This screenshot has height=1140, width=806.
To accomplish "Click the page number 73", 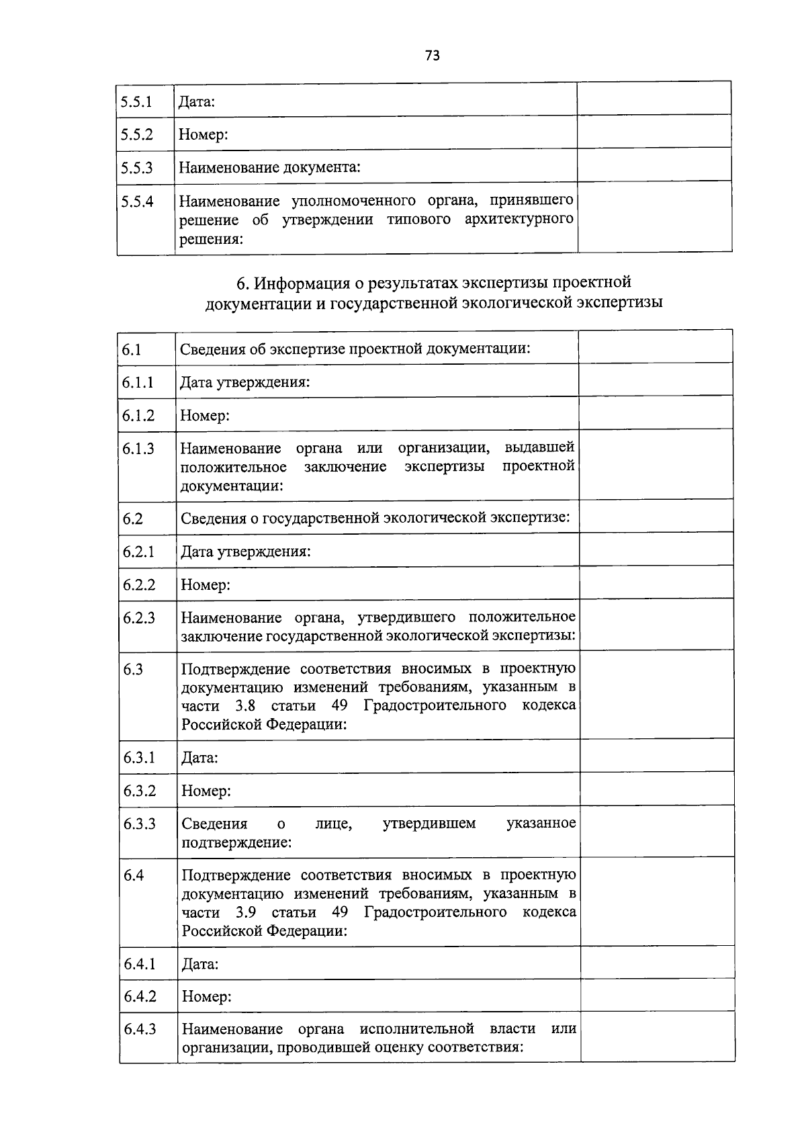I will click(432, 56).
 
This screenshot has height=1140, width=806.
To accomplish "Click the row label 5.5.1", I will click(136, 102).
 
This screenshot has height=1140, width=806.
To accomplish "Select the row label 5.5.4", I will click(136, 201).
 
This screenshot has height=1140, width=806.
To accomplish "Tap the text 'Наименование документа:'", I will click(269, 167).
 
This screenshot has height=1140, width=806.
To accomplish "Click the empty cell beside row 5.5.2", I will click(654, 132).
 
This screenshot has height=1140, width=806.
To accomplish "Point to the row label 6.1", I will click(132, 349).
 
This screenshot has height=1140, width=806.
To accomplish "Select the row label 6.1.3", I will click(138, 449).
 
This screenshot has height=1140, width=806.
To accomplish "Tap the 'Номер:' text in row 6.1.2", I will click(205, 416).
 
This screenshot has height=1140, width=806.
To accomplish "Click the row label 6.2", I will click(132, 519).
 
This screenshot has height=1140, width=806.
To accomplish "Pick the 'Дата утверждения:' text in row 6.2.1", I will click(245, 552).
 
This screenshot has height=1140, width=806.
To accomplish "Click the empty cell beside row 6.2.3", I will click(656, 625).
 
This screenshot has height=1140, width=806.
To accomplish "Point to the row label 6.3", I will click(133, 669).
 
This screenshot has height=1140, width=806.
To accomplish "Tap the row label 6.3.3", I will click(139, 824).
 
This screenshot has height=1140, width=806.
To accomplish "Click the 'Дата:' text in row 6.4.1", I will click(200, 965).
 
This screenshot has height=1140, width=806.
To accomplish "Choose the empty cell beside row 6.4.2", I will click(657, 996).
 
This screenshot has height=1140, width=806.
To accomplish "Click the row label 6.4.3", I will click(140, 1029).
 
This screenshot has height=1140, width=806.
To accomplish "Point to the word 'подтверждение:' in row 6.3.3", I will click(236, 842).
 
